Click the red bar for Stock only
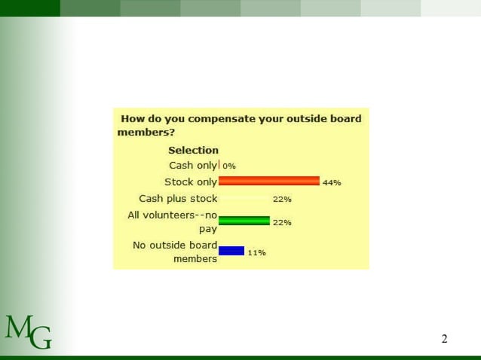click(x=268, y=182)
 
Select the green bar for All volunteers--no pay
click(x=244, y=221)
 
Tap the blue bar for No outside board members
click(x=231, y=251)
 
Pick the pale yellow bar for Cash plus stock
click(x=244, y=199)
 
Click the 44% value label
click(x=332, y=183)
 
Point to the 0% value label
click(x=229, y=166)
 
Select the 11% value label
click(x=256, y=253)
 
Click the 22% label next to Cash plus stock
click(x=282, y=200)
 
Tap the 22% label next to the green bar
click(x=282, y=223)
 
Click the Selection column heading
click(x=193, y=150)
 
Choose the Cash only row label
click(x=192, y=165)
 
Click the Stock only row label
click(x=191, y=182)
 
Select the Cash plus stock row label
click(x=178, y=199)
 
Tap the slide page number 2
click(x=444, y=339)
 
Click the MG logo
click(x=28, y=332)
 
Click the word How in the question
click(x=132, y=118)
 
